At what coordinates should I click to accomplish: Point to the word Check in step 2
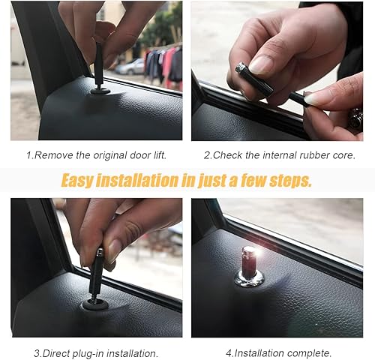click(229, 154)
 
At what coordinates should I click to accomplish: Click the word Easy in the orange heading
click(78, 181)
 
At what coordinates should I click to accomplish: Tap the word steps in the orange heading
click(290, 181)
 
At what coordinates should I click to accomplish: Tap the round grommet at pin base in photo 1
click(100, 91)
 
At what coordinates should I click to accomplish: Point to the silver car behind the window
click(132, 67)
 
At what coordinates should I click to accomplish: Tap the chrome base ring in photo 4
click(249, 279)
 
